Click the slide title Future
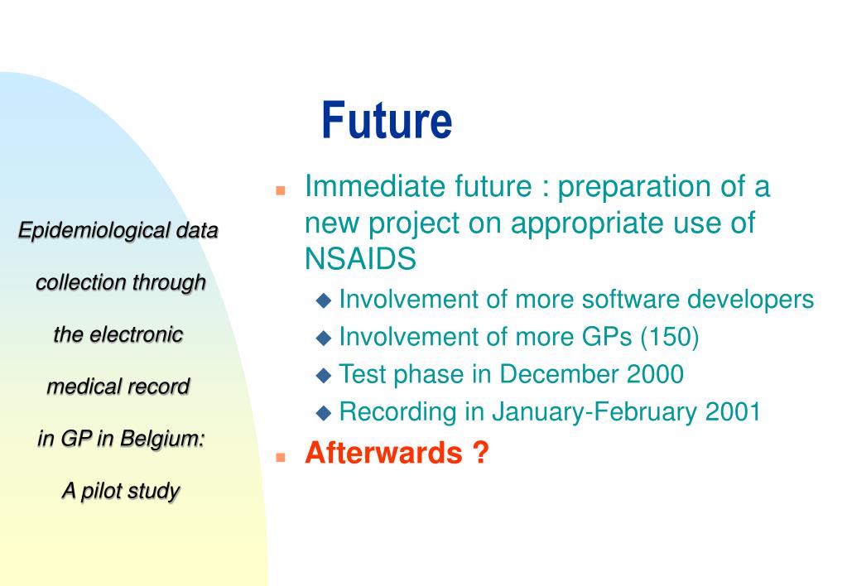[387, 120]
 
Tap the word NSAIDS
[360, 259]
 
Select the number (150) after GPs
[669, 337]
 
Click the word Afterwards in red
[383, 452]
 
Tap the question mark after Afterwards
[480, 452]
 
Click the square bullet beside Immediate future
[281, 190]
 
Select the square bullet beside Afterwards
[281, 457]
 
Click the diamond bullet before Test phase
[324, 376]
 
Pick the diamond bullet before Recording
[324, 413]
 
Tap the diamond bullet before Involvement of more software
[324, 300]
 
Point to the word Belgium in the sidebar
[162, 439]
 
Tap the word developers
[750, 300]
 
